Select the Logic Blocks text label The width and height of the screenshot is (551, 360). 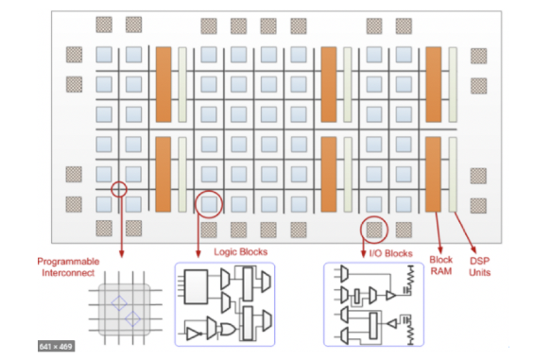(x=242, y=252)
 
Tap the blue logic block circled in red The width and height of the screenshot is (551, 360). (x=211, y=202)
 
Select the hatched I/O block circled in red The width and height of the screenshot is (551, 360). (x=374, y=228)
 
